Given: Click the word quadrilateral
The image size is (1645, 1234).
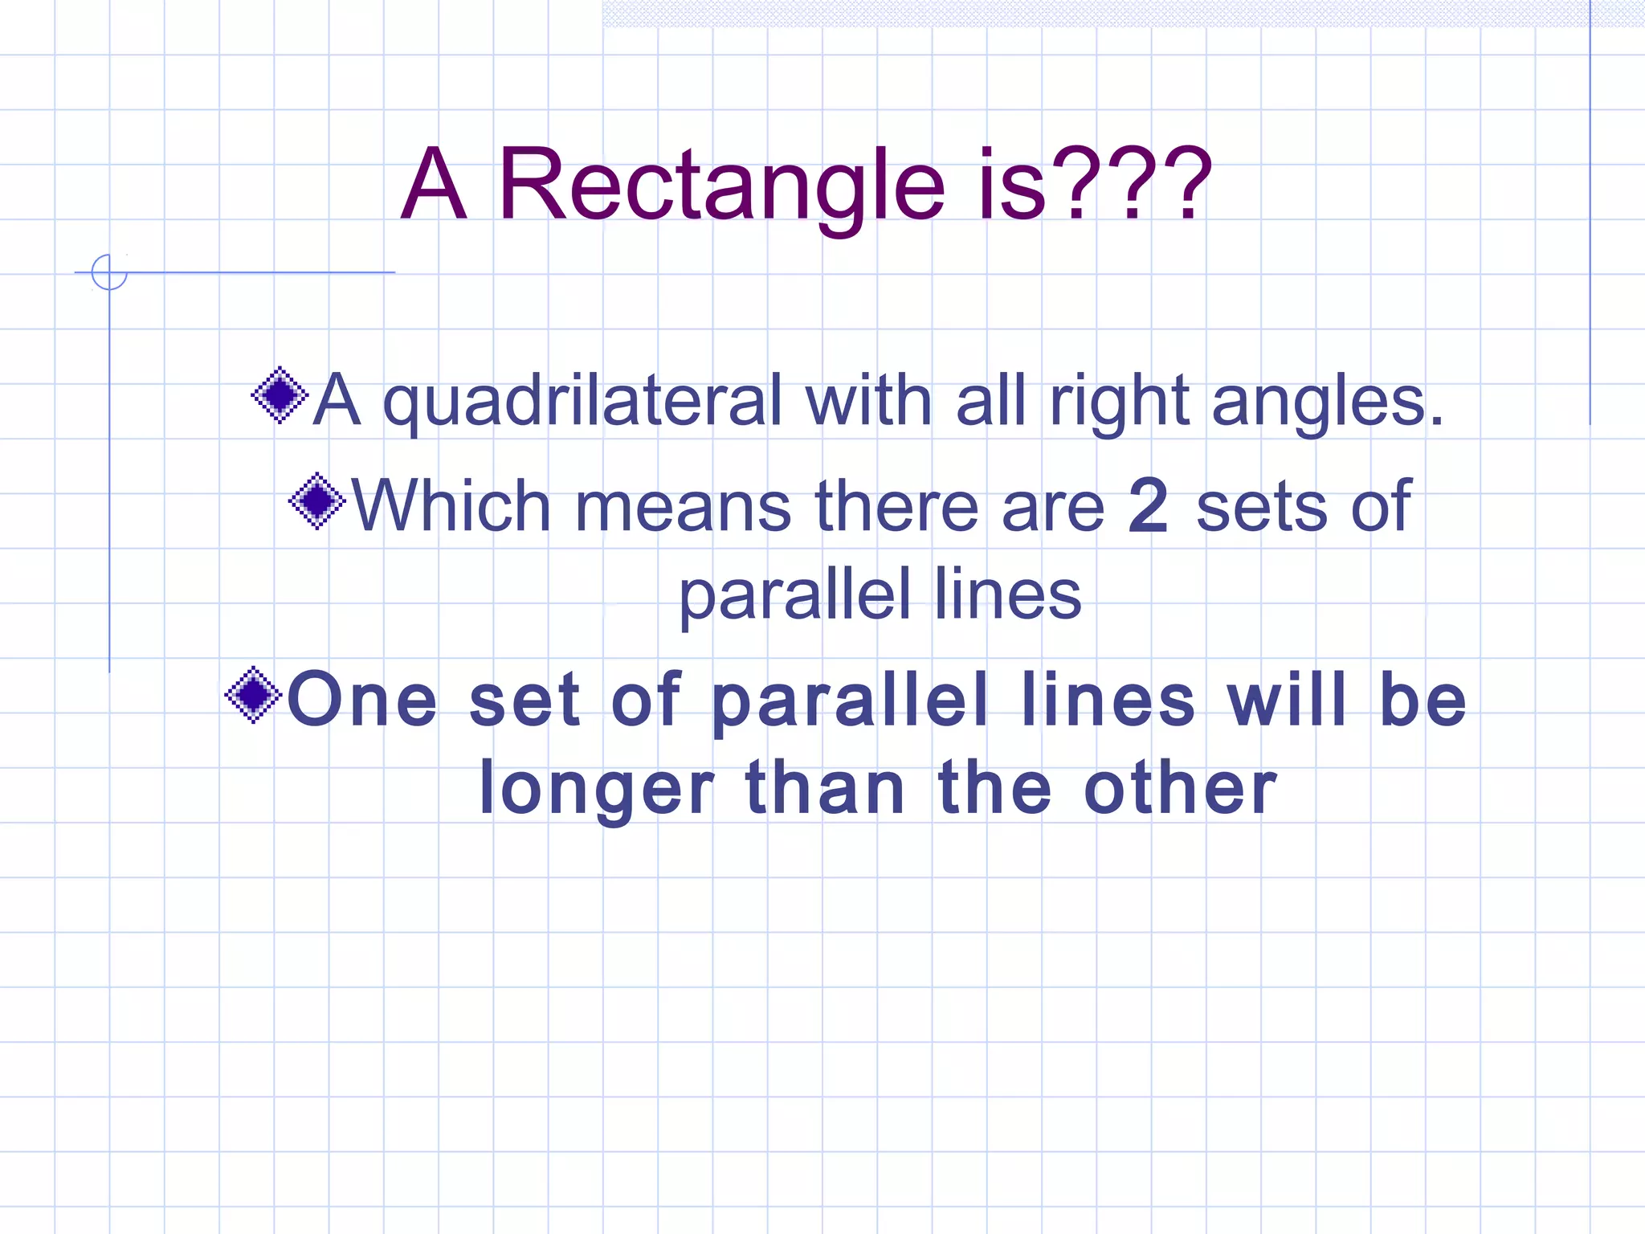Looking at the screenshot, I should click(x=582, y=402).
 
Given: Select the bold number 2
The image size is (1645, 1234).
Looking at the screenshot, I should click(x=1149, y=506).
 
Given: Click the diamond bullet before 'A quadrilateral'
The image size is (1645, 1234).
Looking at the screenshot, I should click(x=280, y=395).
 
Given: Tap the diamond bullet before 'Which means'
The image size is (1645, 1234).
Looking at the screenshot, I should click(x=317, y=501).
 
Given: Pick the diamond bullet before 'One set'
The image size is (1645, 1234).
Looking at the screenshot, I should click(x=253, y=695).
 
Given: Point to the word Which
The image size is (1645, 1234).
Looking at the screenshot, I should click(x=451, y=506).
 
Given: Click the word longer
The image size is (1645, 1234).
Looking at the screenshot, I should click(x=596, y=791).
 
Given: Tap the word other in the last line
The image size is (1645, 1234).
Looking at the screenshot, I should click(x=1180, y=789).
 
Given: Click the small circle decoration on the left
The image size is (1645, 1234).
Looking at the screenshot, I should click(x=109, y=272).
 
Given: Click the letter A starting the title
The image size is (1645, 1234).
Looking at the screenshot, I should click(x=434, y=186).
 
